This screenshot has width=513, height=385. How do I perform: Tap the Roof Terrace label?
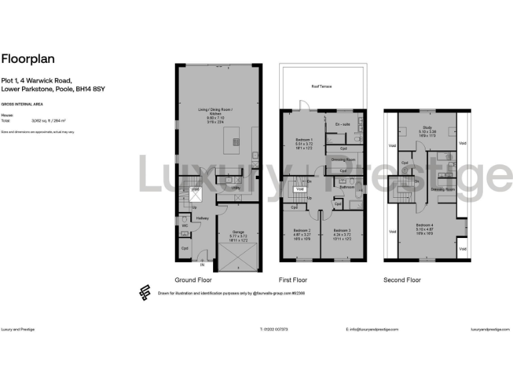322,86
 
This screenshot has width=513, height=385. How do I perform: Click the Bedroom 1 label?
304,140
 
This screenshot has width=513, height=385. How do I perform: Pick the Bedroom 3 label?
341,232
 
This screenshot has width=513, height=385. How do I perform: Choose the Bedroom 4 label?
425,225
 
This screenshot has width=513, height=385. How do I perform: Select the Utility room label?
235,188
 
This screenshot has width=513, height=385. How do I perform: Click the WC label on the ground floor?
184,225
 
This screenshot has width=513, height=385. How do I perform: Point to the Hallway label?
202,218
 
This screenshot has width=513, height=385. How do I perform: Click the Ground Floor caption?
193,279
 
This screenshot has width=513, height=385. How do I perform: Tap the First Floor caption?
293,279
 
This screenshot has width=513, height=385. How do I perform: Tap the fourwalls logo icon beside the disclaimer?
144,292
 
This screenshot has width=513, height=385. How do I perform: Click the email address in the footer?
372,330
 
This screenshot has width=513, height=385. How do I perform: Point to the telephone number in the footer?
275,330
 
